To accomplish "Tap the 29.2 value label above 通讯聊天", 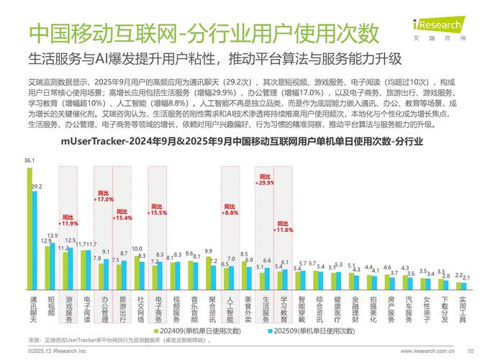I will click(37, 187).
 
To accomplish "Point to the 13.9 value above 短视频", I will click(53, 235).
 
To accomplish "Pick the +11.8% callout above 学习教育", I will click(284, 227).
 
